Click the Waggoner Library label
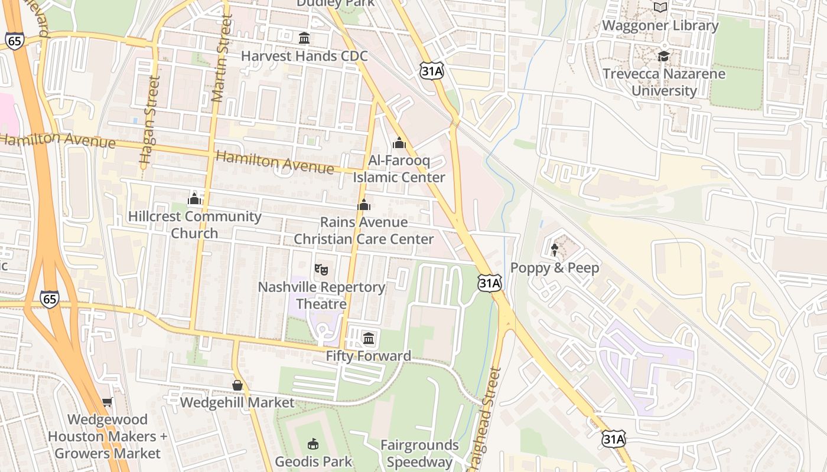pos(660,25)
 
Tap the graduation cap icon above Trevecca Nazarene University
pos(664,57)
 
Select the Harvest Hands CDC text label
pos(304,56)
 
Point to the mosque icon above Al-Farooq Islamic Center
pos(399,143)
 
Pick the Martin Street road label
pos(220,59)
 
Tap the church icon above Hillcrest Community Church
pos(194,199)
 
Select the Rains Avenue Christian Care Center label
pos(363,231)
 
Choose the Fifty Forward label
pos(369,356)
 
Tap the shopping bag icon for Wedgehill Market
pos(237,385)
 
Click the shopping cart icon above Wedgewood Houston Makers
pos(107,402)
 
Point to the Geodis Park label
pos(313,461)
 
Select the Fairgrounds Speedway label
pos(419,453)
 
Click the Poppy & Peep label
pos(555,268)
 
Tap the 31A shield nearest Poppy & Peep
pos(490,283)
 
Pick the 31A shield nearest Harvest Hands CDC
pos(432,71)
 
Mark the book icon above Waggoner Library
pos(660,8)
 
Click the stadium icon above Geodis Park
pos(313,444)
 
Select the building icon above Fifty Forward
pos(369,338)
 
